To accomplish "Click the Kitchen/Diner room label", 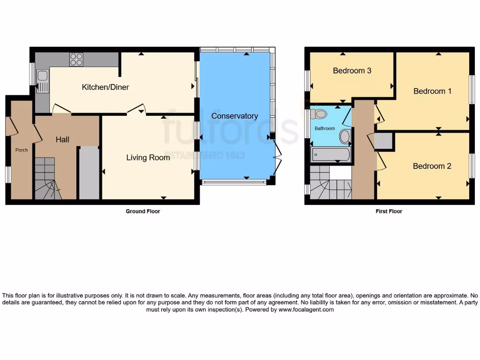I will pos(105,87).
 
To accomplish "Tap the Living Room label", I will pos(148,158).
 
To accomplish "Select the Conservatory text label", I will pos(234,116).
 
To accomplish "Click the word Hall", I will pos(62,140).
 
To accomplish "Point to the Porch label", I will pos(22,150).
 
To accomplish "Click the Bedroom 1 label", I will pos(432,91).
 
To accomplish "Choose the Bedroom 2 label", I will pos(432,166).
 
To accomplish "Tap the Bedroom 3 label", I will pos(352,71).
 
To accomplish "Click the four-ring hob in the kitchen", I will pos(76,60).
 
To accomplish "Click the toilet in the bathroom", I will pos(319,113).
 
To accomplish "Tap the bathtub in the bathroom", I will pos(331,154).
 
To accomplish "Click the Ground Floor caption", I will pos(143,211).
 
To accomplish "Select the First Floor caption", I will pos(389,211).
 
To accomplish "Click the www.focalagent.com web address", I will pos(306,310).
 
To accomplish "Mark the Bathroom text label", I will pos(324,128).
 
